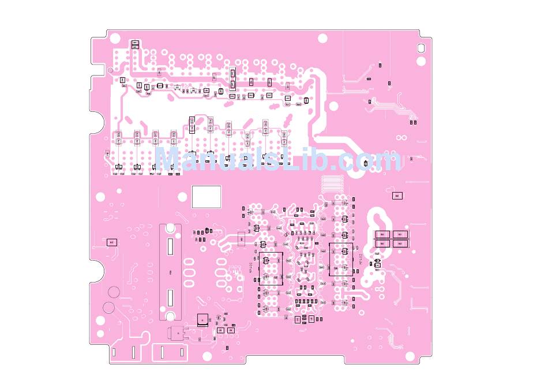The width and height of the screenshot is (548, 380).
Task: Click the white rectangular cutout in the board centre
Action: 206,196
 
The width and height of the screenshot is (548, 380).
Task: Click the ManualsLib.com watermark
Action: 278,159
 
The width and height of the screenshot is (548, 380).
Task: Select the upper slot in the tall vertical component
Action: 170,247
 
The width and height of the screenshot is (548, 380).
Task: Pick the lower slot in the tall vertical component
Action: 170,298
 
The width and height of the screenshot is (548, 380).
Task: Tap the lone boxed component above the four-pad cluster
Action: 397,196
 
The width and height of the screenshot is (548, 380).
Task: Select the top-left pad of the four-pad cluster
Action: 382,235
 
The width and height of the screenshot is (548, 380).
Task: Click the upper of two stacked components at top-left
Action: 135,42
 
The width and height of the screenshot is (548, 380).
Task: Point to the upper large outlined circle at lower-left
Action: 114,292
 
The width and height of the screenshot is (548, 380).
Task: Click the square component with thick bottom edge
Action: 201,319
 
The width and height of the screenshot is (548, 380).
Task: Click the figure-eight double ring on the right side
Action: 401,137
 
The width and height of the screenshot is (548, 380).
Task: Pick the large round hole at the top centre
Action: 322,39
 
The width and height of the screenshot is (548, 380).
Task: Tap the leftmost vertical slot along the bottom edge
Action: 114,351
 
